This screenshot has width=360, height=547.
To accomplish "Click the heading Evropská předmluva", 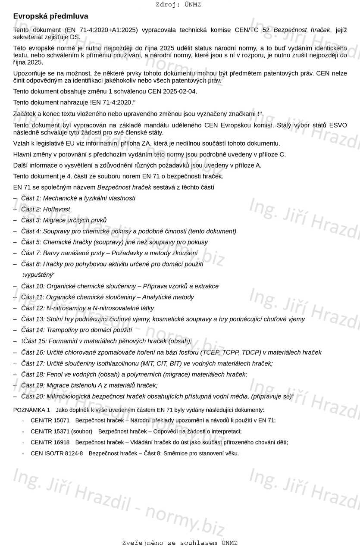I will click(x=50, y=16).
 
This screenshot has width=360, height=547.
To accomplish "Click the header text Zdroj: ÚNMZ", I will click(x=178, y=5).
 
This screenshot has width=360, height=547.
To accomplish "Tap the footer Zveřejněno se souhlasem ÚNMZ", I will click(x=179, y=543).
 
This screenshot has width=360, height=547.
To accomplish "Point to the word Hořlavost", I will click(x=56, y=209).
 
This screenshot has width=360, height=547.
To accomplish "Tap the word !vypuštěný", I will click(x=38, y=275).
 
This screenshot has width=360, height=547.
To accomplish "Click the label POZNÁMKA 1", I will click(x=31, y=410).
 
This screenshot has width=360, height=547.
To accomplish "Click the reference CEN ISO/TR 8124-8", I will click(x=57, y=453).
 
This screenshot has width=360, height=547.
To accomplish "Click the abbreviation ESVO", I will click(x=338, y=125).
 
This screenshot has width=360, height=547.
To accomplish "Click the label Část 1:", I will click(x=31, y=198).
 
